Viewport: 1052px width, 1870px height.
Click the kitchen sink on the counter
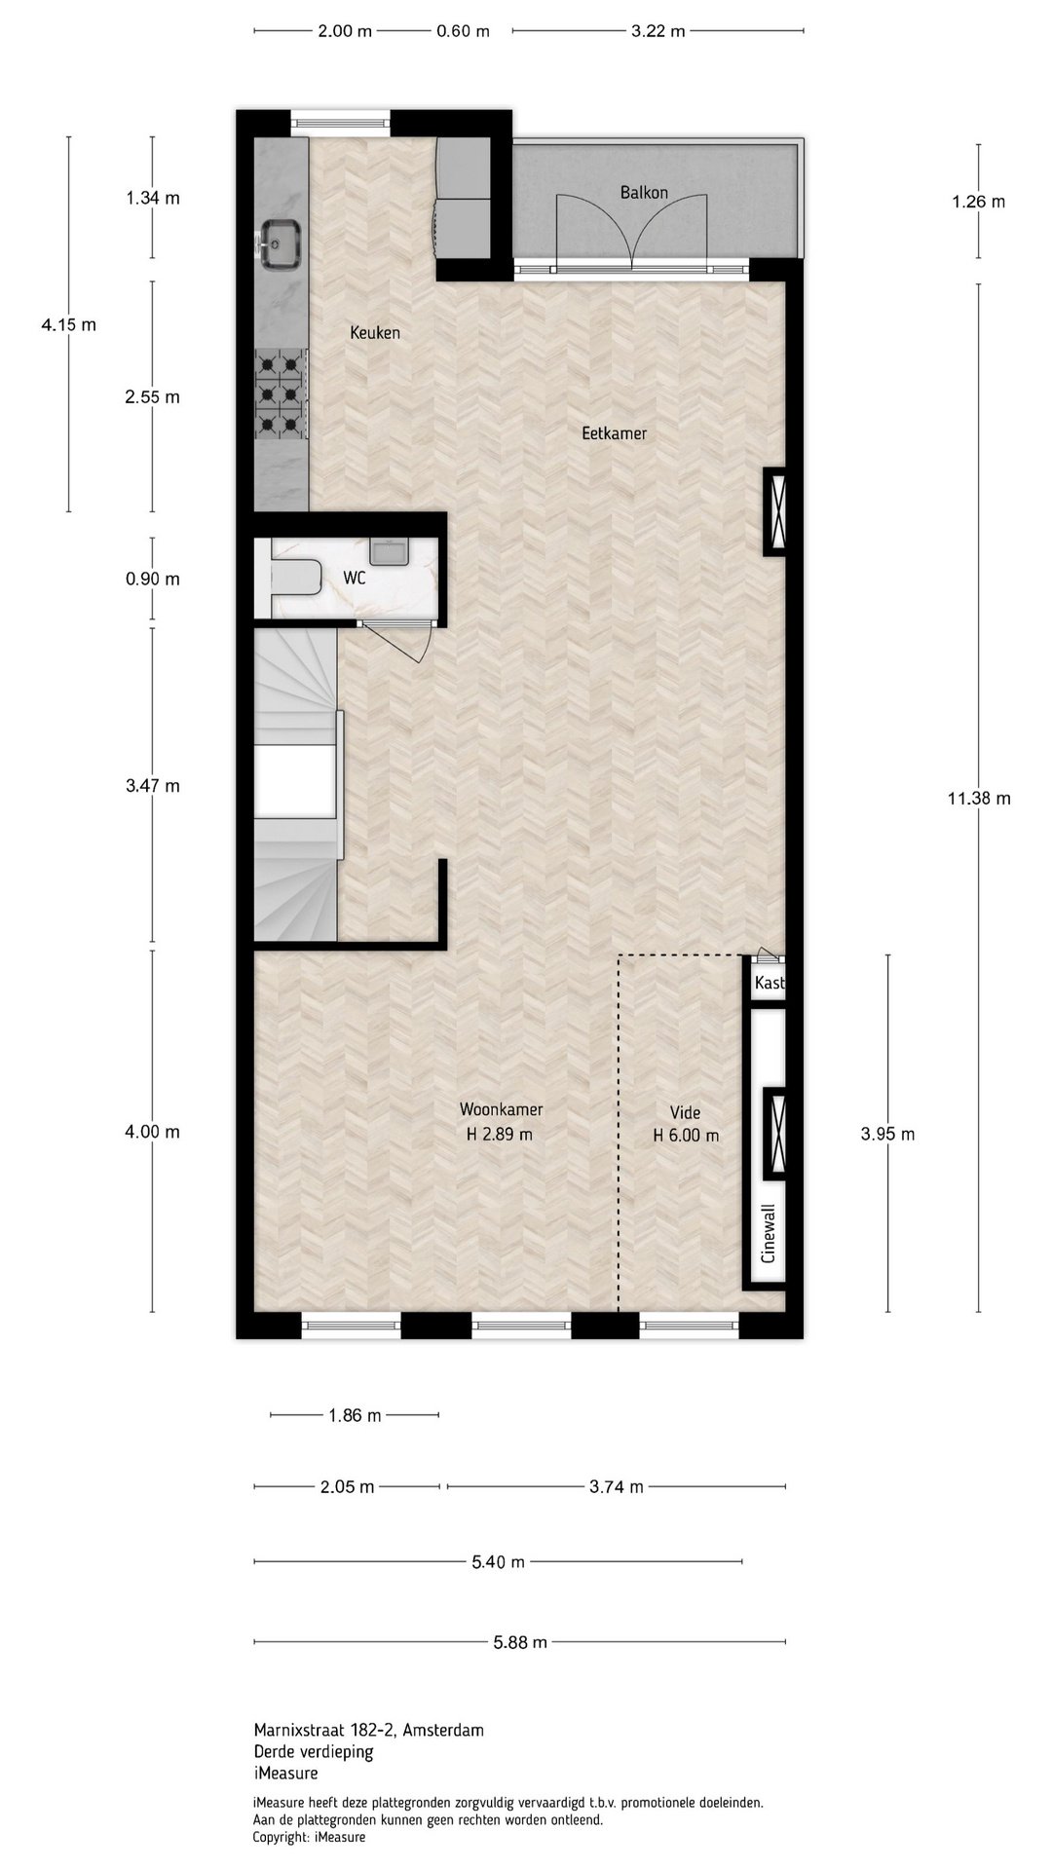tap(281, 243)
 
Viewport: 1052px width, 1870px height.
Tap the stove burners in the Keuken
tap(281, 394)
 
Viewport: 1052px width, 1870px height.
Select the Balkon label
tap(644, 193)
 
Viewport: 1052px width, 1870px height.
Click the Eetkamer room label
tap(614, 433)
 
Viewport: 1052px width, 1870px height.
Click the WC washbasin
tap(393, 551)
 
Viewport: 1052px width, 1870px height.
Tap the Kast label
tap(769, 983)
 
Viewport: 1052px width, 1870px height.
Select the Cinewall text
tap(769, 1233)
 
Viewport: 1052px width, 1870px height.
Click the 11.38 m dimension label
tap(979, 799)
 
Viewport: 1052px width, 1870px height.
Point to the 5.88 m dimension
tap(520, 1642)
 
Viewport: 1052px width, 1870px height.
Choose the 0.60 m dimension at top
tap(463, 31)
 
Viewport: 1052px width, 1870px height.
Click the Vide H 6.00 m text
tap(686, 1124)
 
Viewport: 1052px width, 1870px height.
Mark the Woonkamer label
tap(501, 1109)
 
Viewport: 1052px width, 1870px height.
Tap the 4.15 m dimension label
tap(68, 325)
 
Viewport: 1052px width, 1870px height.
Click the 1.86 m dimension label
tap(355, 1415)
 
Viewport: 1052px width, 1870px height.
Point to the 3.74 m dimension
tap(617, 1486)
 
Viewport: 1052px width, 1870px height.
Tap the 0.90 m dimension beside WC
tap(153, 580)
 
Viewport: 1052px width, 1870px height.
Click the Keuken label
tap(375, 333)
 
